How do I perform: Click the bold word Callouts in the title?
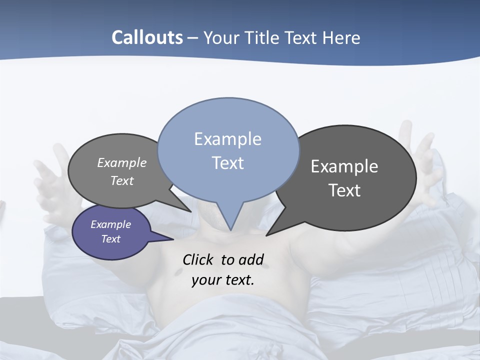(147, 37)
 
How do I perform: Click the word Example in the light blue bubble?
(227, 139)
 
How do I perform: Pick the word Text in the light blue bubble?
(227, 163)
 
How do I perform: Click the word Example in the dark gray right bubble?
(344, 166)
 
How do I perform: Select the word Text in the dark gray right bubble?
(344, 190)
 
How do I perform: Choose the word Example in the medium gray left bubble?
(121, 163)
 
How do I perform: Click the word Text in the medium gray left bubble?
(121, 180)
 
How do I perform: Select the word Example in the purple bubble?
(110, 224)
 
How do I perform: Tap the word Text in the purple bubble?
(110, 239)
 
